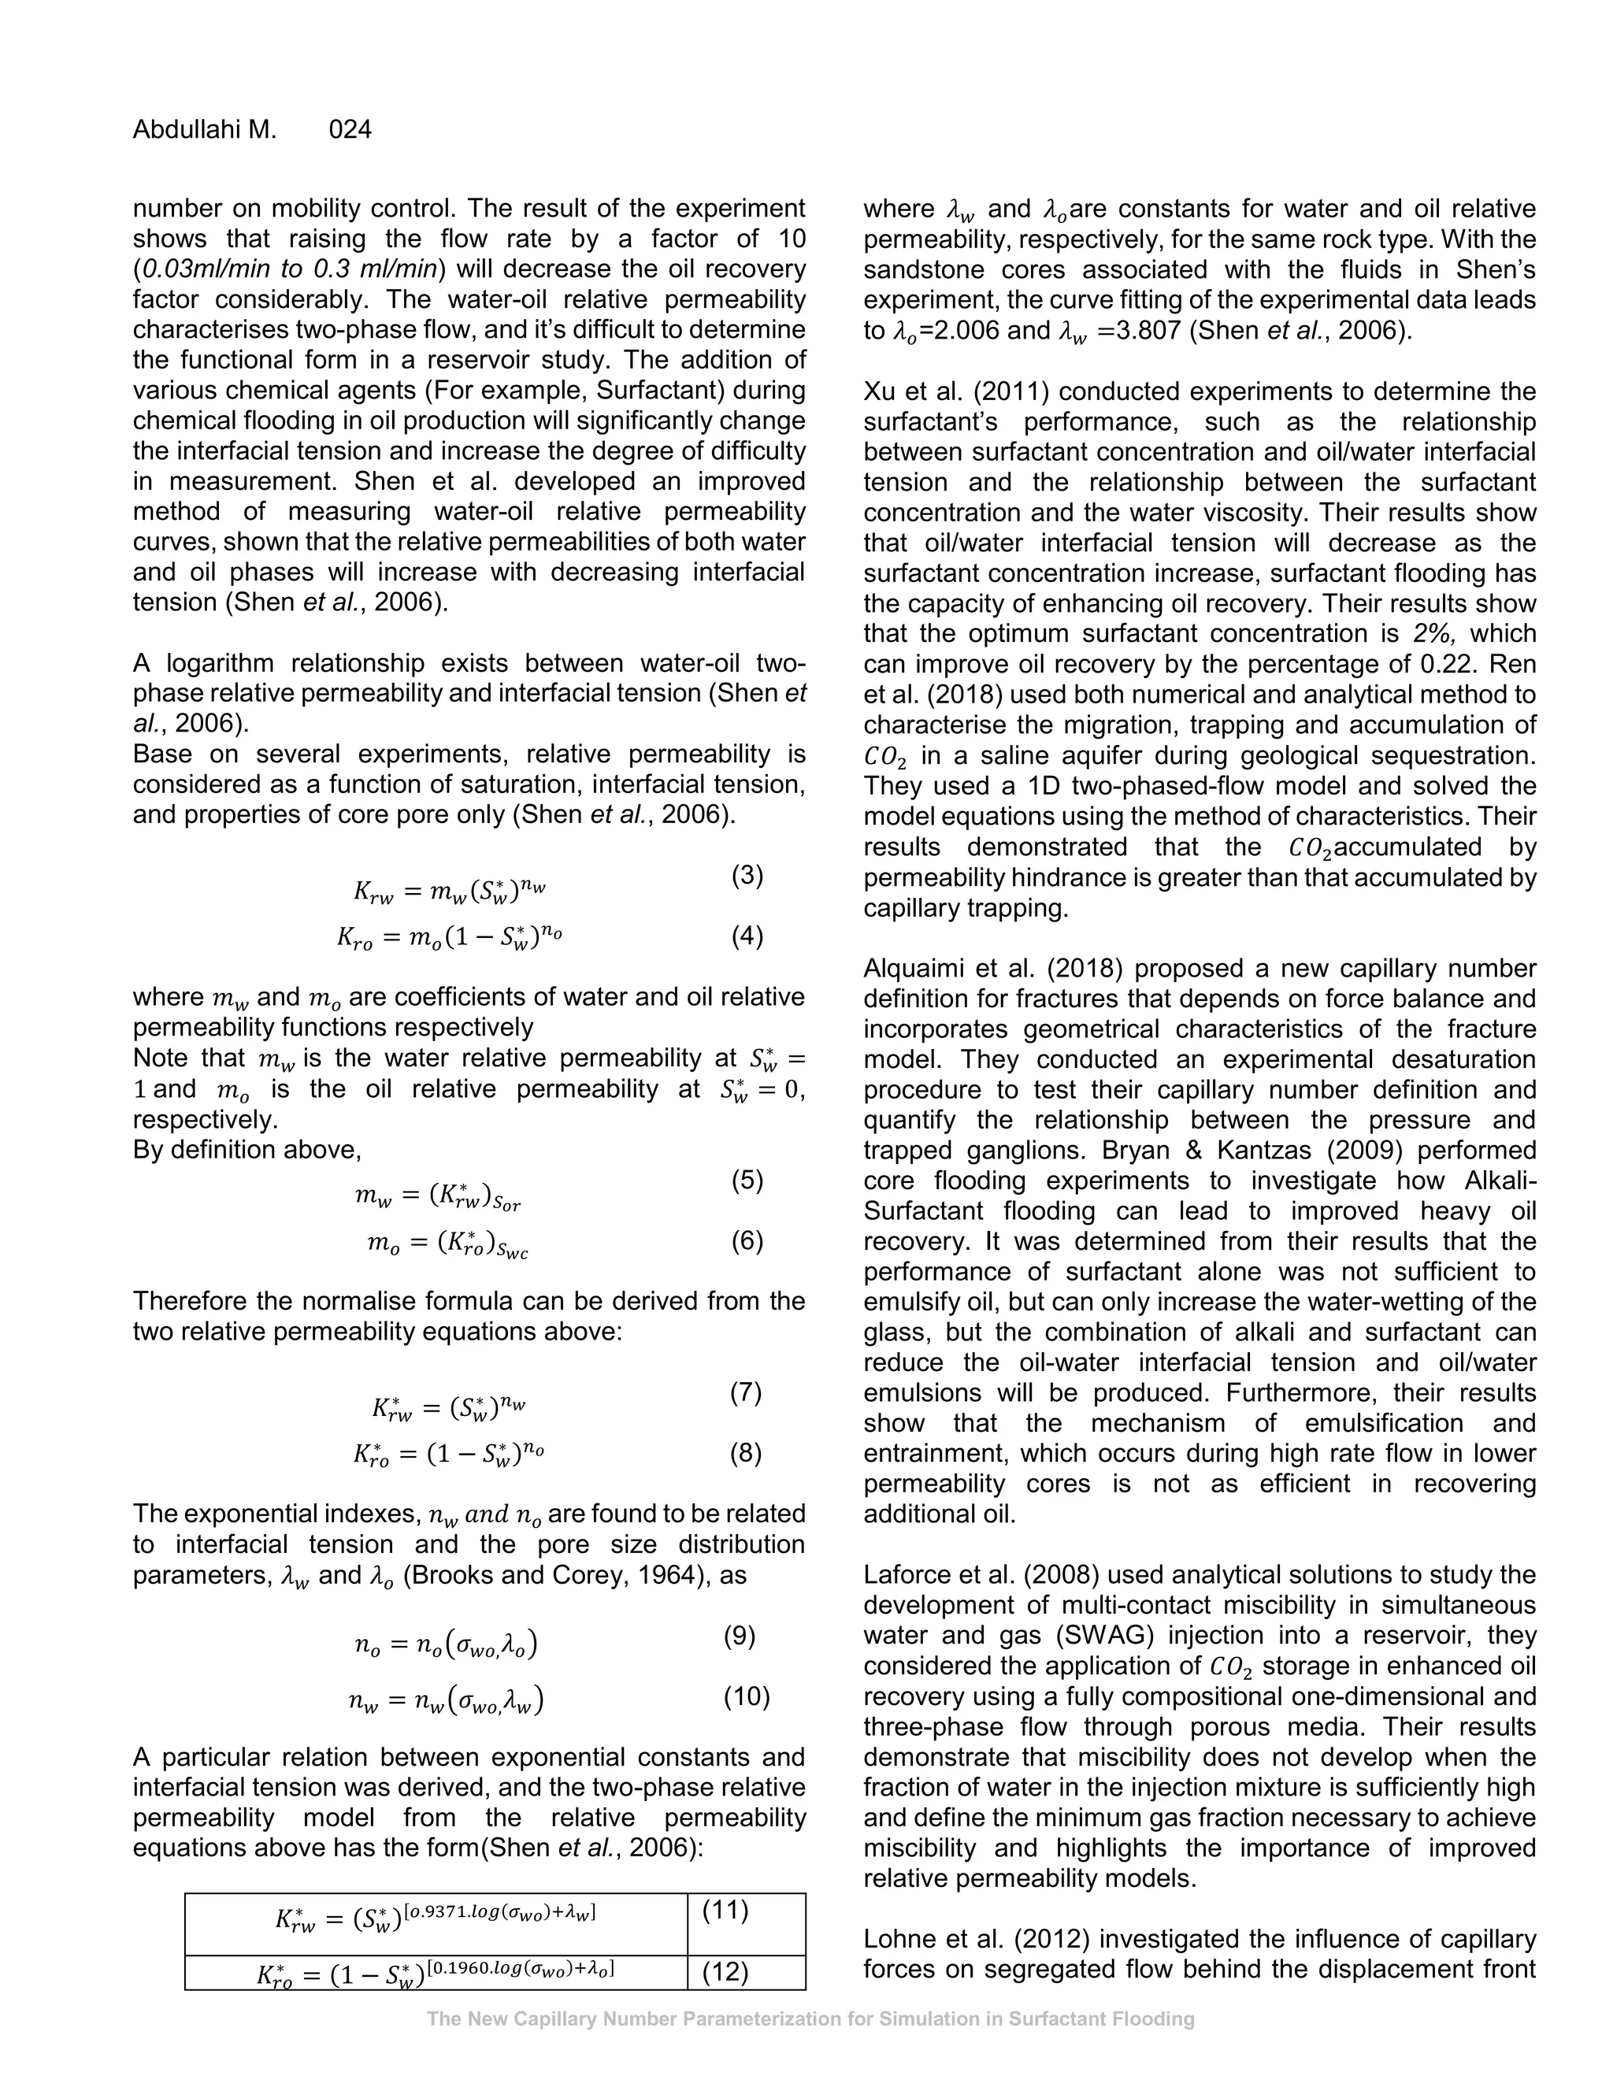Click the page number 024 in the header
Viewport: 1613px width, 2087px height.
(350, 130)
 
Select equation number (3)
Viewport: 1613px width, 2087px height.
(747, 874)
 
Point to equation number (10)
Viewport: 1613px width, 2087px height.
(747, 1696)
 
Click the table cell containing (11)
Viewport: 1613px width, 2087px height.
(725, 1911)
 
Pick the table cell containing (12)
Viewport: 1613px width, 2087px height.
(725, 1972)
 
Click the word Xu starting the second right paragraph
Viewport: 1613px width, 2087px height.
(879, 391)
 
